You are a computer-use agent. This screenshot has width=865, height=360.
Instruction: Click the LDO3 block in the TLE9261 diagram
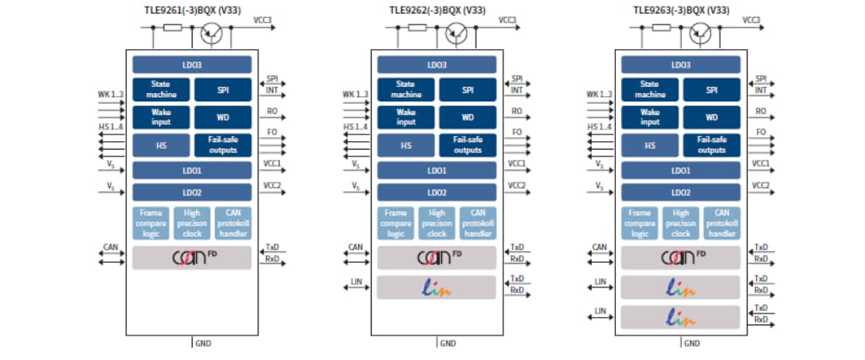192,64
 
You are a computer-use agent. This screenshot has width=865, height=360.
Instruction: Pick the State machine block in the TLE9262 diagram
406,89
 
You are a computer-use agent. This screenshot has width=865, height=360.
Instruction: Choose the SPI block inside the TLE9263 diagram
711,89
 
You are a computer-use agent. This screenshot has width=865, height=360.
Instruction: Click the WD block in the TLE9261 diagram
223,117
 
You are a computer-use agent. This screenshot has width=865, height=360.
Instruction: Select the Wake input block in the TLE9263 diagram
650,117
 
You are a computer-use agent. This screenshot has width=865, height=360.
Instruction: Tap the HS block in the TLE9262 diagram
406,145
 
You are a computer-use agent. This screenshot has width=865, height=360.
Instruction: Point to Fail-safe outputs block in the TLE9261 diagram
223,145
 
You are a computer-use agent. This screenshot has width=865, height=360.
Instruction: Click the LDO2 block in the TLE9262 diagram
436,192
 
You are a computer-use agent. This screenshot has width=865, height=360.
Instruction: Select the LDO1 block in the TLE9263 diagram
680,170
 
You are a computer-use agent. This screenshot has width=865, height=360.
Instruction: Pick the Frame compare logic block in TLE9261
151,223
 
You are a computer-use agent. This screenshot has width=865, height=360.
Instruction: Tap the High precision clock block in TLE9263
680,223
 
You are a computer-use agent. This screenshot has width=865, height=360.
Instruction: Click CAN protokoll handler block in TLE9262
477,223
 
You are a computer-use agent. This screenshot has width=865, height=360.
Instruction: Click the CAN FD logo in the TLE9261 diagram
192,257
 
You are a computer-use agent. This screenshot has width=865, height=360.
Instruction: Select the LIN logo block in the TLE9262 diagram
436,287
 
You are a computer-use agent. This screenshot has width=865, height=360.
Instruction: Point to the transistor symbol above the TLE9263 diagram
701,34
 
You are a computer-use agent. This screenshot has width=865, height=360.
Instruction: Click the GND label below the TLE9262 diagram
448,343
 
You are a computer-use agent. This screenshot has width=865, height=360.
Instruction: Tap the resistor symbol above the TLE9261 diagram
172,27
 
